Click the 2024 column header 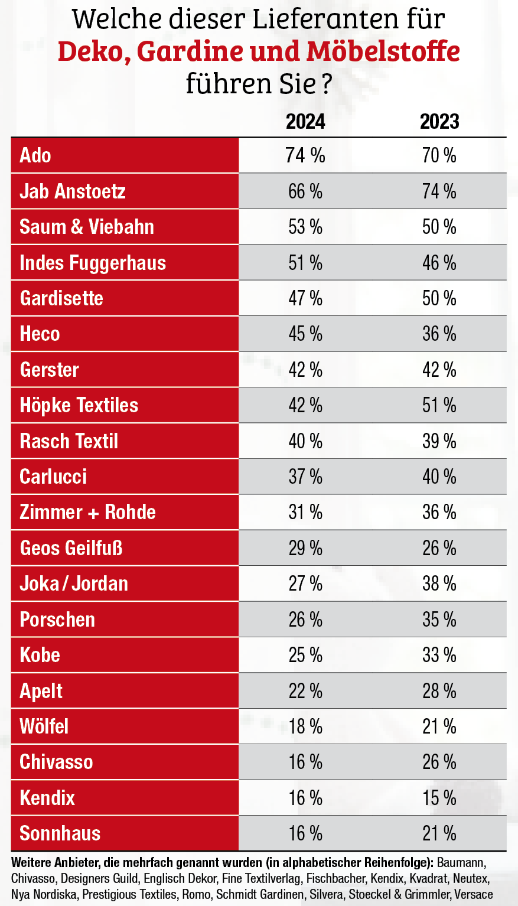tap(305, 122)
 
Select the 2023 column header tap(439, 122)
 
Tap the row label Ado tap(35, 155)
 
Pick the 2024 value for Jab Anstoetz tap(305, 191)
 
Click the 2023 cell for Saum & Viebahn tap(439, 227)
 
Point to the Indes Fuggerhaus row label tap(93, 263)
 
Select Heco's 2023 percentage tap(439, 334)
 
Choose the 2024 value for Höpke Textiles tap(305, 405)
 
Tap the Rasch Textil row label tap(69, 441)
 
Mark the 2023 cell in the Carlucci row tap(439, 477)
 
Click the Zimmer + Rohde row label tap(88, 512)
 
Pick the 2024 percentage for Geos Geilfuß tap(305, 548)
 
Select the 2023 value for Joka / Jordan tap(439, 584)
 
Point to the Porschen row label tap(57, 620)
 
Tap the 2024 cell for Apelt tap(305, 691)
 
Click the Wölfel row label tap(44, 726)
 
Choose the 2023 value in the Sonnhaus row tap(439, 833)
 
